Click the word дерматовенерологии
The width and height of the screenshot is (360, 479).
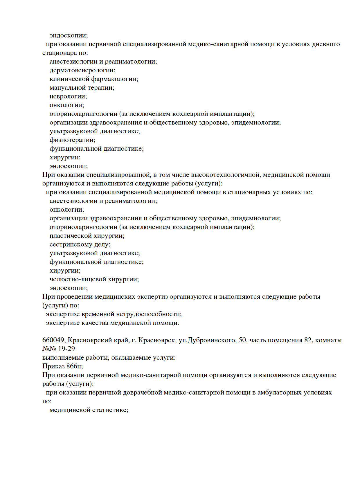tap(82, 70)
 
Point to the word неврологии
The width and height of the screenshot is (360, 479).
tap(68, 96)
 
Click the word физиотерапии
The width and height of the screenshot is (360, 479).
tap(72, 140)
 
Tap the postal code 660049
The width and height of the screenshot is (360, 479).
tap(54, 340)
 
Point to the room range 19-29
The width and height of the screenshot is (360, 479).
tap(66, 349)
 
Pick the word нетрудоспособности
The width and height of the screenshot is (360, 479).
tap(149, 314)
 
